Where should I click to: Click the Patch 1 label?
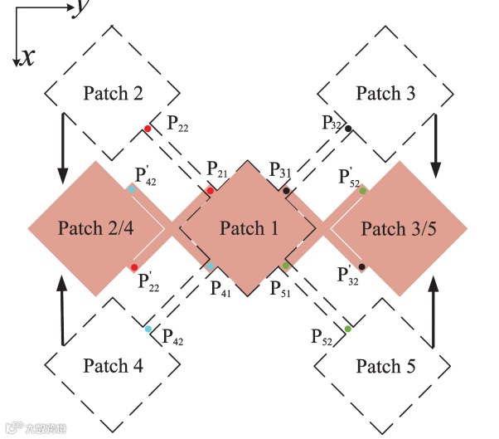coord(249,228)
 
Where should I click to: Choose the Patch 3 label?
coord(385,93)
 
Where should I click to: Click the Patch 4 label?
coord(118,366)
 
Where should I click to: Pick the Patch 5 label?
coord(386,366)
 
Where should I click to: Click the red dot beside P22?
coord(148,129)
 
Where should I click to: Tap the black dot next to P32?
coord(349,129)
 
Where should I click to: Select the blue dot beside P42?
coord(148,329)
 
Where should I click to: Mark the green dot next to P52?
coord(348,329)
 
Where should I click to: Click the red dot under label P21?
coord(211,191)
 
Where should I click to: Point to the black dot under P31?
coord(286,191)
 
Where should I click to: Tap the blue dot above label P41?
coord(211,266)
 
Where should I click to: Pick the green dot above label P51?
coord(286,266)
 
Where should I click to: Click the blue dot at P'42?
coord(132,190)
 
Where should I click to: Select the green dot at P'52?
coord(363,191)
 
